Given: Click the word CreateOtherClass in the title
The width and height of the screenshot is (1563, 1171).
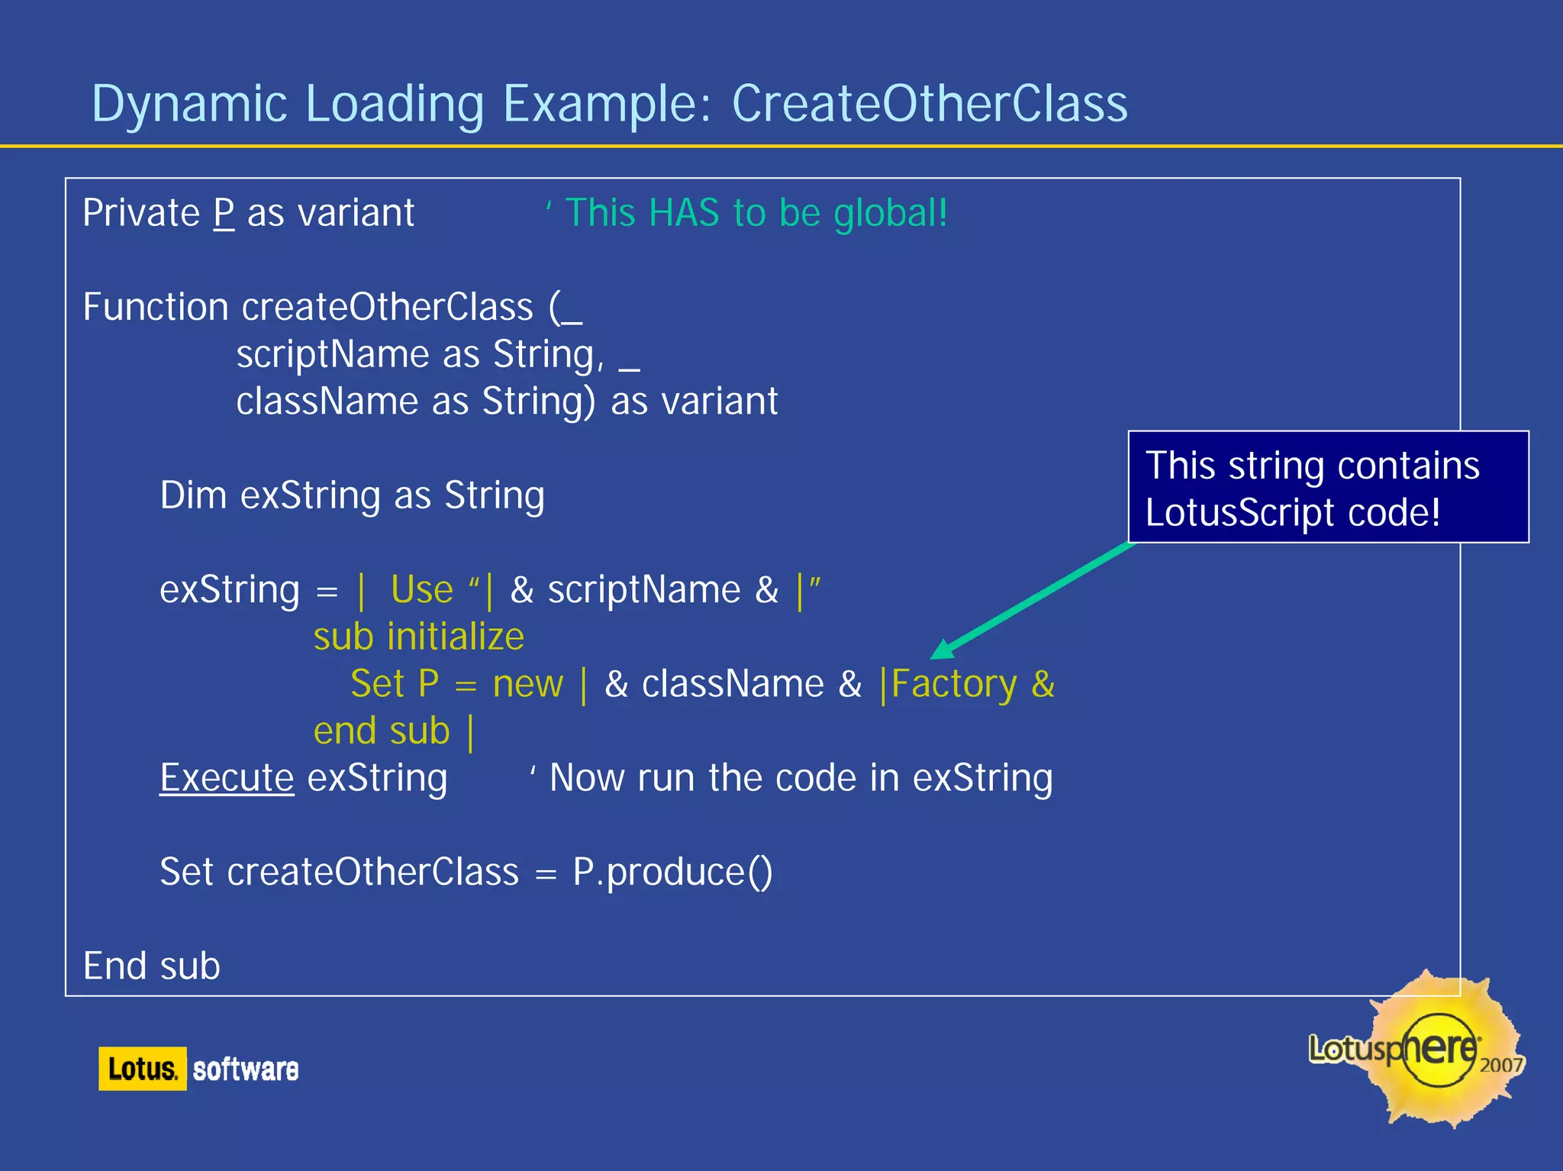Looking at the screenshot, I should [x=929, y=104].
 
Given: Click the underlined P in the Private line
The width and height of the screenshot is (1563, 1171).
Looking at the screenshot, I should [x=224, y=213].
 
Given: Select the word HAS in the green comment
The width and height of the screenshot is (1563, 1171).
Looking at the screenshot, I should [x=684, y=213].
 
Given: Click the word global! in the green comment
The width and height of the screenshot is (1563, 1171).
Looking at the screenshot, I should [x=890, y=214].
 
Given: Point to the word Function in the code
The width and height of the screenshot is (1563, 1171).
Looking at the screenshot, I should [x=156, y=307].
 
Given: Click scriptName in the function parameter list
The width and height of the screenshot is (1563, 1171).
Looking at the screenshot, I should [x=333, y=355].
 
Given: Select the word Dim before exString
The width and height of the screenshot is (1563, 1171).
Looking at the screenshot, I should [x=193, y=495].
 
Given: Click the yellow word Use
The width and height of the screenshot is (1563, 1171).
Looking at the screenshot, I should [x=422, y=589].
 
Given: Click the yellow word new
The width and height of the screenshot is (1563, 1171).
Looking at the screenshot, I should [x=527, y=684].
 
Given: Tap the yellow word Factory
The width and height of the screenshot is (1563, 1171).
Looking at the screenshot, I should [x=954, y=684].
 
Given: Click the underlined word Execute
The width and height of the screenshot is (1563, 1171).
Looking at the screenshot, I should [x=227, y=778].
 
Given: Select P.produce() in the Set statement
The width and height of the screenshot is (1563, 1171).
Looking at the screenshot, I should [x=672, y=872].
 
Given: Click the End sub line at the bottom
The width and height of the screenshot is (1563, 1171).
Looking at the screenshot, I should [x=152, y=966].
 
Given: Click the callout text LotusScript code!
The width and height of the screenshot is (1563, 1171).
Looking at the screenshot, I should [x=1293, y=512].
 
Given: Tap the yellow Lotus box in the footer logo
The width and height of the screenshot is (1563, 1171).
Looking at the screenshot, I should [x=142, y=1069].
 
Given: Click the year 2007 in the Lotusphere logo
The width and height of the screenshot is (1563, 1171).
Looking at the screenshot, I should [x=1500, y=1065].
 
